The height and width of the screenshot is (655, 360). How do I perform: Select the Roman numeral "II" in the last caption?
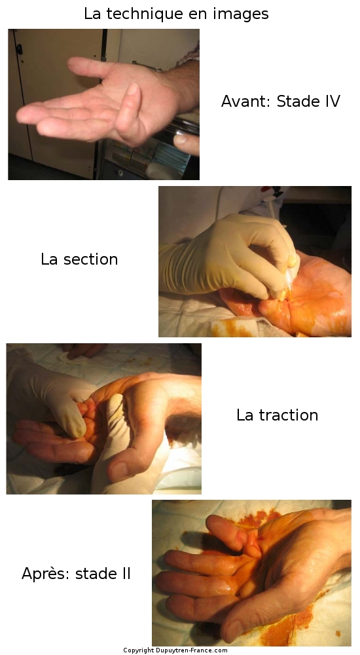pyautogui.click(x=127, y=574)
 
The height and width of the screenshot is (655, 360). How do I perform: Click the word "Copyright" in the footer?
pyautogui.click(x=138, y=650)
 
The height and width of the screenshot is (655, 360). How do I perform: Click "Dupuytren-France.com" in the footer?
pyautogui.click(x=191, y=650)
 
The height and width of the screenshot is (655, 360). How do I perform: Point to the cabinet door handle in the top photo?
pyautogui.click(x=19, y=49)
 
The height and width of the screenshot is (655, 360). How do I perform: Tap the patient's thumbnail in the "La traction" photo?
pyautogui.click(x=118, y=470)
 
